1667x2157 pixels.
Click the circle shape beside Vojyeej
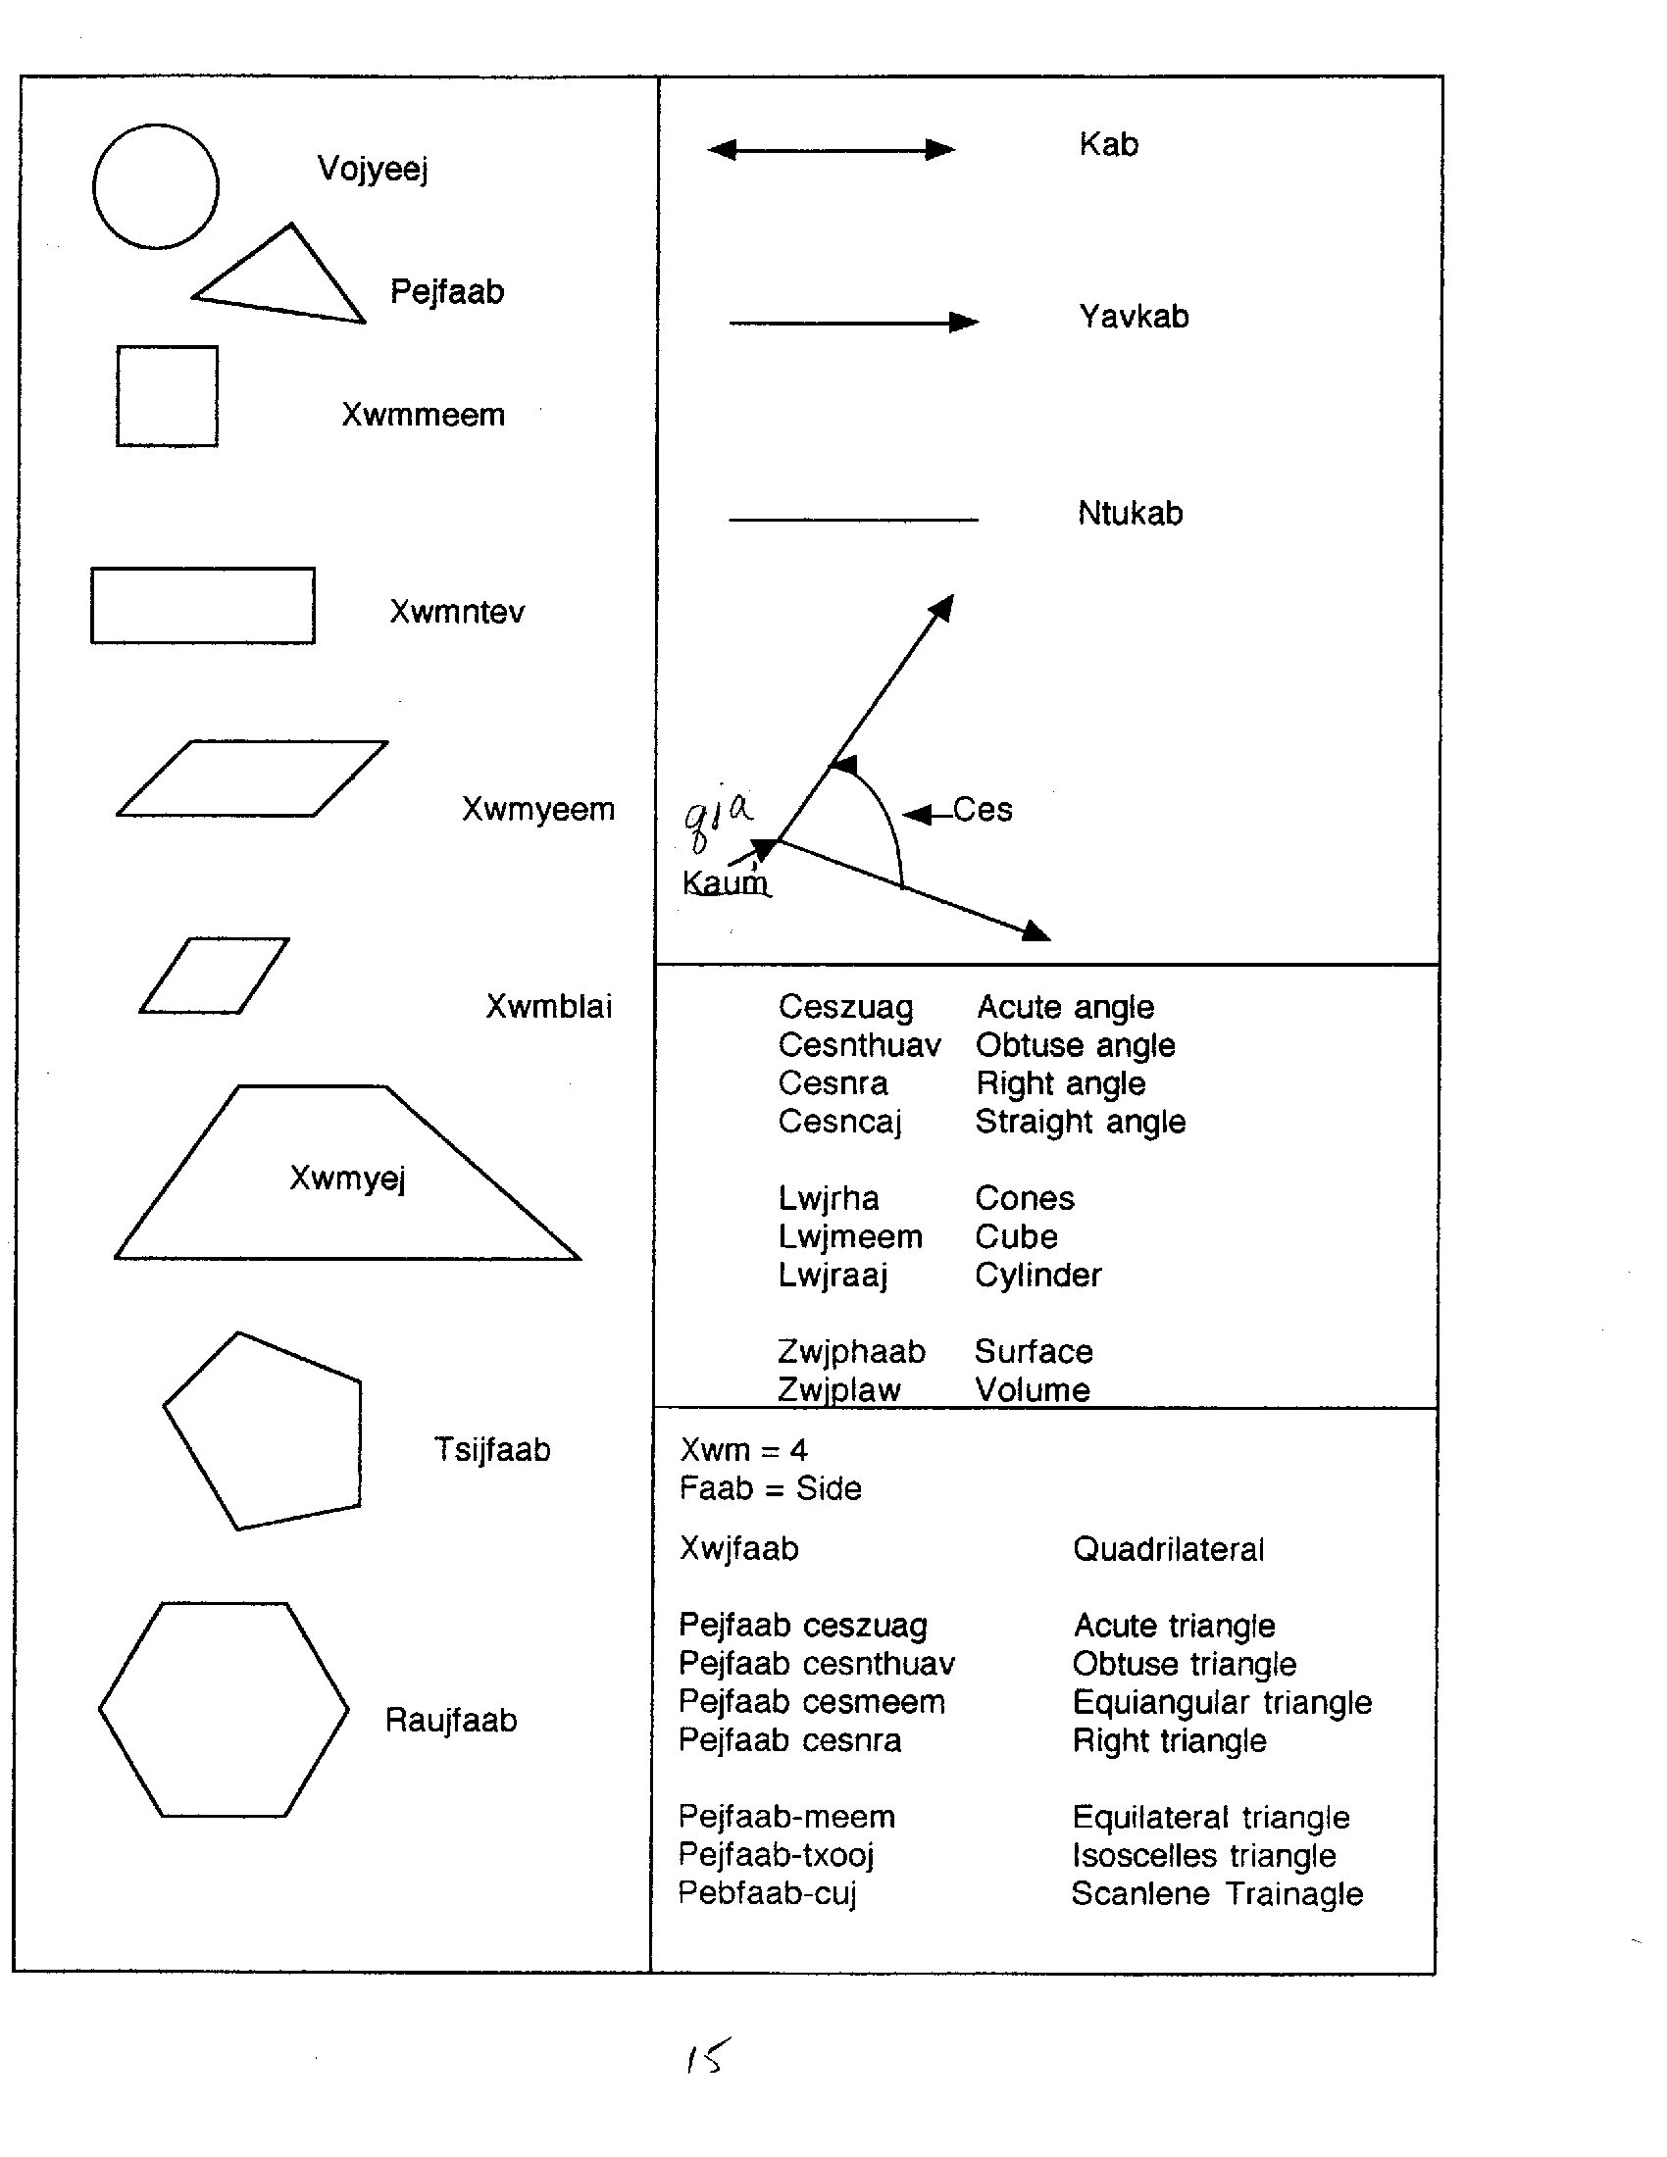pos(155,186)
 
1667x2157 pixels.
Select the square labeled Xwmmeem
pos(167,396)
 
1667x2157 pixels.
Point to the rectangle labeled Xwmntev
pos(202,605)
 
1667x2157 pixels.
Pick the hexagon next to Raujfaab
pos(225,1710)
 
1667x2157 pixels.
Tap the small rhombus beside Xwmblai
pos(215,976)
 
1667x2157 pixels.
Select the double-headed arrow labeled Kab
pos(832,150)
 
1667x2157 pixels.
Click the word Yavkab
pos(1133,317)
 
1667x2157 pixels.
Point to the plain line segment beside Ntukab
pos(853,520)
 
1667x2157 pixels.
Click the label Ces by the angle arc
pos(982,810)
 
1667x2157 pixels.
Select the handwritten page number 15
pos(708,2057)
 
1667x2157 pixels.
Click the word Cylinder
pos(1036,1275)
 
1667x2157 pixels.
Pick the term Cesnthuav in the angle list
pos(859,1045)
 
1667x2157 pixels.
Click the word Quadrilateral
pos(1167,1548)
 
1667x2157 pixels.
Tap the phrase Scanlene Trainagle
pos(1217,1893)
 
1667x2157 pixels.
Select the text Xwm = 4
pos(742,1450)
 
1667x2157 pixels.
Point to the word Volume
pos(1032,1389)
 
